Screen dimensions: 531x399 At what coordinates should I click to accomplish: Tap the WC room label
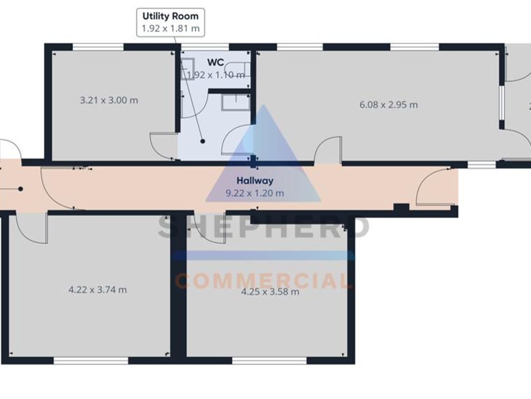pyautogui.click(x=216, y=62)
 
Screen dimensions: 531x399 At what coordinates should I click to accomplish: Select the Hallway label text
pyautogui.click(x=254, y=181)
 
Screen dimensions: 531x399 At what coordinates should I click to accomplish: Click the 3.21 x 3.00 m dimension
pyautogui.click(x=109, y=100)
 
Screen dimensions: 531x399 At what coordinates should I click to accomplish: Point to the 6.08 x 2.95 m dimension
pyautogui.click(x=388, y=105)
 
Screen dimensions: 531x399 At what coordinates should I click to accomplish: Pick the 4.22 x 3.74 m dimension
pyautogui.click(x=98, y=290)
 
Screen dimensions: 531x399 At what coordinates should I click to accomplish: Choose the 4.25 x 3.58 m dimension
pyautogui.click(x=270, y=292)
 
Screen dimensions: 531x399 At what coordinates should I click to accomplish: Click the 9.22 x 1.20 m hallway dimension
pyautogui.click(x=254, y=193)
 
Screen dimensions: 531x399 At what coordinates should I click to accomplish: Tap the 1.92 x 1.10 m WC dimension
pyautogui.click(x=216, y=75)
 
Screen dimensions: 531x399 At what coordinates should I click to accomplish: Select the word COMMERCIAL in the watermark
pyautogui.click(x=263, y=281)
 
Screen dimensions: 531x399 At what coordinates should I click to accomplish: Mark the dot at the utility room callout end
pyautogui.click(x=202, y=141)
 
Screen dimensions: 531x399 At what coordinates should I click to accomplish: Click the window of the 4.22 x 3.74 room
pyautogui.click(x=91, y=360)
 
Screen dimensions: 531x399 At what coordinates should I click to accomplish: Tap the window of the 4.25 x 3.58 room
pyautogui.click(x=269, y=360)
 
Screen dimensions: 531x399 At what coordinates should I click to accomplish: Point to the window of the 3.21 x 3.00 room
pyautogui.click(x=98, y=47)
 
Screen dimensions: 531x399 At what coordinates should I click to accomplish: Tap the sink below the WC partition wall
pyautogui.click(x=236, y=103)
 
